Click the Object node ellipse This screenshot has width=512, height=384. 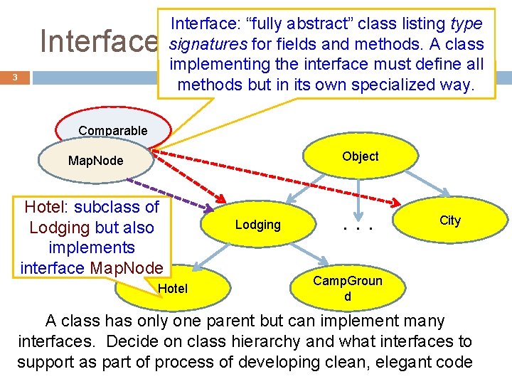click(x=360, y=157)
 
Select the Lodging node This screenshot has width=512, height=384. click(x=257, y=225)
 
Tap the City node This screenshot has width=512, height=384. click(x=449, y=220)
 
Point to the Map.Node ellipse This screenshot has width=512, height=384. click(x=95, y=161)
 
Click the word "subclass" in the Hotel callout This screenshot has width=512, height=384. click(x=116, y=208)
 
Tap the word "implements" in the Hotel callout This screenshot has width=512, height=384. click(x=92, y=247)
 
